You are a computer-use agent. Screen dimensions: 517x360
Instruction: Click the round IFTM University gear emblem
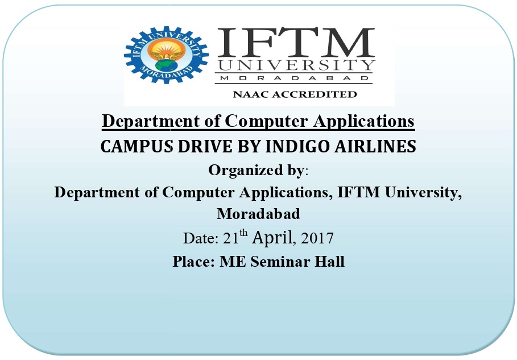166,55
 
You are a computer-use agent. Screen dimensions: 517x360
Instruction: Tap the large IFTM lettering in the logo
296,42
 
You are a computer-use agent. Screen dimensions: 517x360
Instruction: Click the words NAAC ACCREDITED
295,94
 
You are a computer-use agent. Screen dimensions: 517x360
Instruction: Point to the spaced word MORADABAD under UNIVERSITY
294,78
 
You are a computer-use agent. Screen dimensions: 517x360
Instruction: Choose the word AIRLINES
375,146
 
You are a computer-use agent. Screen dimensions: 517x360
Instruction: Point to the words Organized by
256,171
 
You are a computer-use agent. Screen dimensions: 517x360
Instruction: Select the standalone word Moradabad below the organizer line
258,214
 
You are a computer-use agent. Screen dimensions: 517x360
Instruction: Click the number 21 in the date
230,238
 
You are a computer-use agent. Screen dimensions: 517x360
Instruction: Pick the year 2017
317,238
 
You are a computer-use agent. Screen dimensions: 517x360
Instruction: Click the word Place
193,262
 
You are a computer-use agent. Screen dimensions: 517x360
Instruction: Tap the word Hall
329,262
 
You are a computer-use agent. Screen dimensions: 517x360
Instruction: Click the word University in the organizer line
423,193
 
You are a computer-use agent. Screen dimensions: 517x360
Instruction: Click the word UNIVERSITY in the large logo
296,65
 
